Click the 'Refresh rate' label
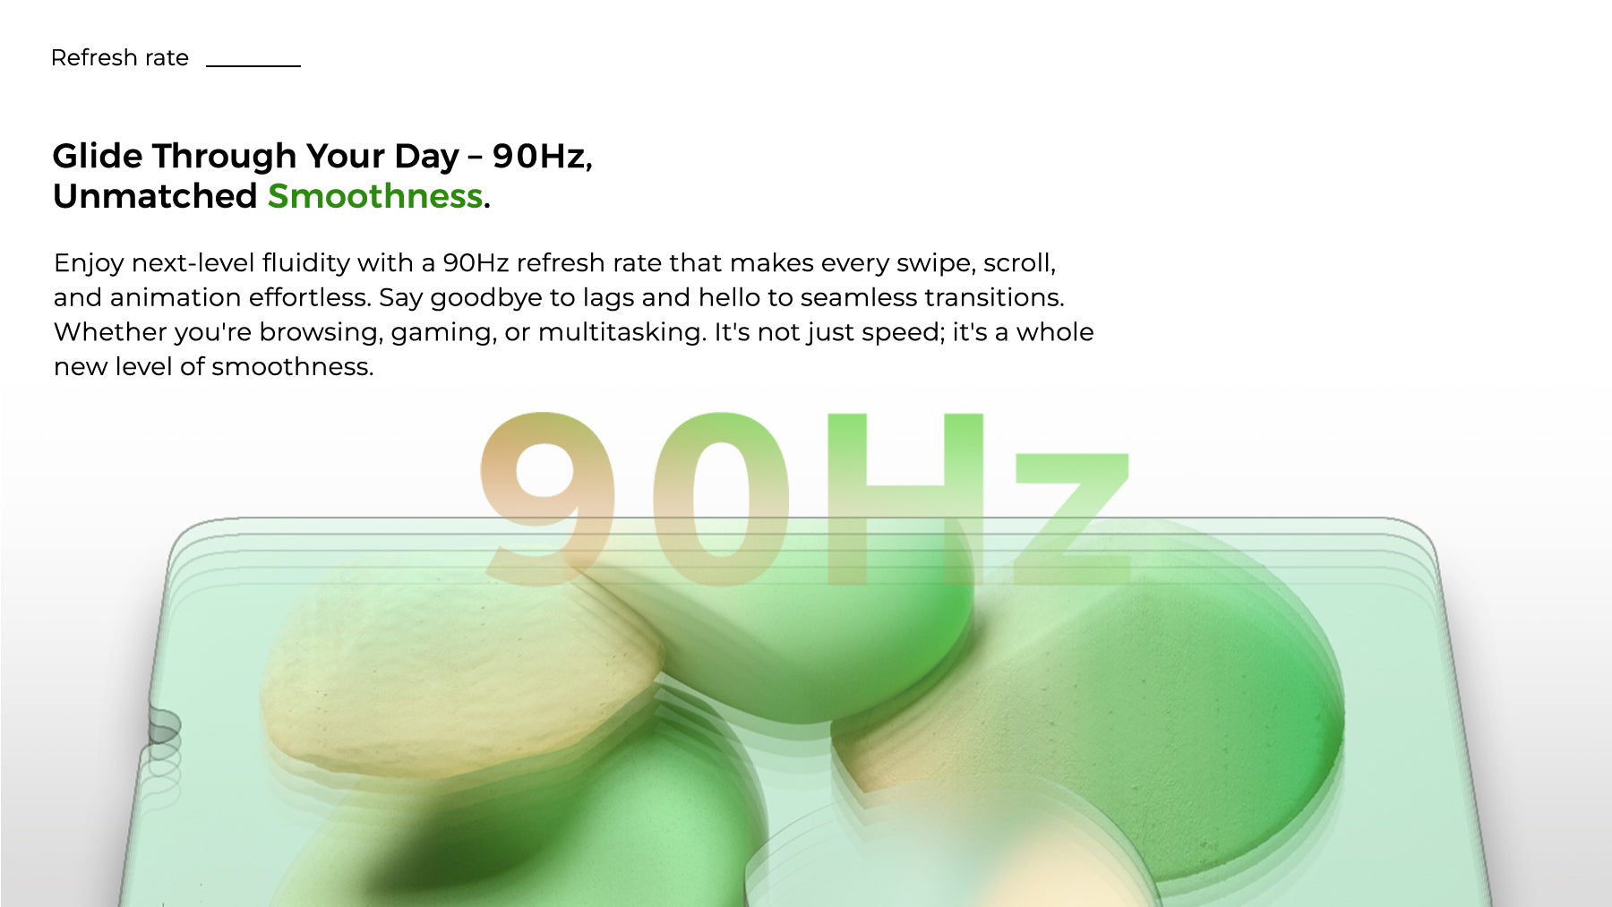coord(120,58)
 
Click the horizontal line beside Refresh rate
coord(253,65)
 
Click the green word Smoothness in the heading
coord(375,196)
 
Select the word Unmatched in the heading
coord(155,196)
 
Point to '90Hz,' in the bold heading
coord(543,157)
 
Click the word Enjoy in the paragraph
coord(89,263)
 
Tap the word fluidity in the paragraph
coord(305,263)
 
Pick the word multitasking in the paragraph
coord(622,332)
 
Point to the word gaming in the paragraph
coord(443,333)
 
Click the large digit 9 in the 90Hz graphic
coord(548,496)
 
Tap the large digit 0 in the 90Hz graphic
coord(721,497)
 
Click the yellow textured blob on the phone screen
coord(461,667)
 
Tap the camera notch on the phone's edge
coord(162,726)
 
